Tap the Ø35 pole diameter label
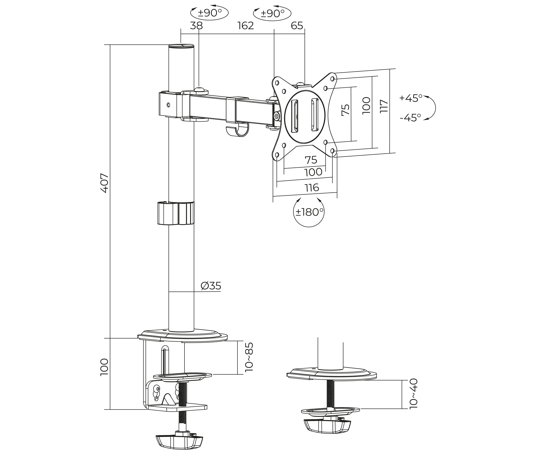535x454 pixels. coord(211,286)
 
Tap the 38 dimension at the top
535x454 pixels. coord(196,26)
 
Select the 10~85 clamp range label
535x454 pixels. coord(249,357)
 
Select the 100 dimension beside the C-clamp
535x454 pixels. coord(104,367)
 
